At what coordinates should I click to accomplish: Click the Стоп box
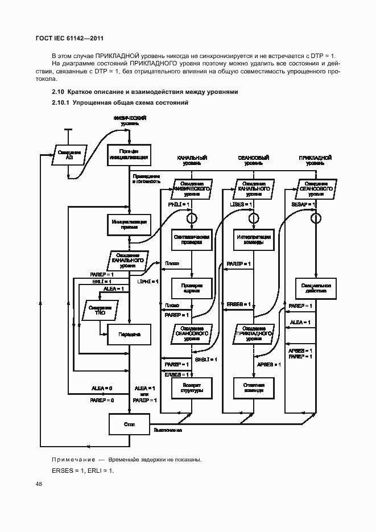[129, 424]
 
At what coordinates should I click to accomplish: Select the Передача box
[129, 335]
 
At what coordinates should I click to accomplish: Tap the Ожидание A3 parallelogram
[70, 155]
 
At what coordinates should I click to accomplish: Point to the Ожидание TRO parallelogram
[101, 310]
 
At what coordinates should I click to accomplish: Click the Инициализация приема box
[129, 224]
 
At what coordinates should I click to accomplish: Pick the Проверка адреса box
[192, 287]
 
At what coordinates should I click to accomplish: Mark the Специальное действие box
[315, 287]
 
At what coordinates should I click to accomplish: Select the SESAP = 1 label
[301, 204]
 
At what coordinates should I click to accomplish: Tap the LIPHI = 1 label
[148, 281]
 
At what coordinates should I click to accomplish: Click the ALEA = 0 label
[102, 388]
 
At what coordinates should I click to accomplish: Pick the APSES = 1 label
[268, 364]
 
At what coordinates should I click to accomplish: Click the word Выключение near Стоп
[168, 430]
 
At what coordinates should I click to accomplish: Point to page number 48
[39, 484]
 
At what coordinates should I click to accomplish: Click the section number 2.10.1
[60, 102]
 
